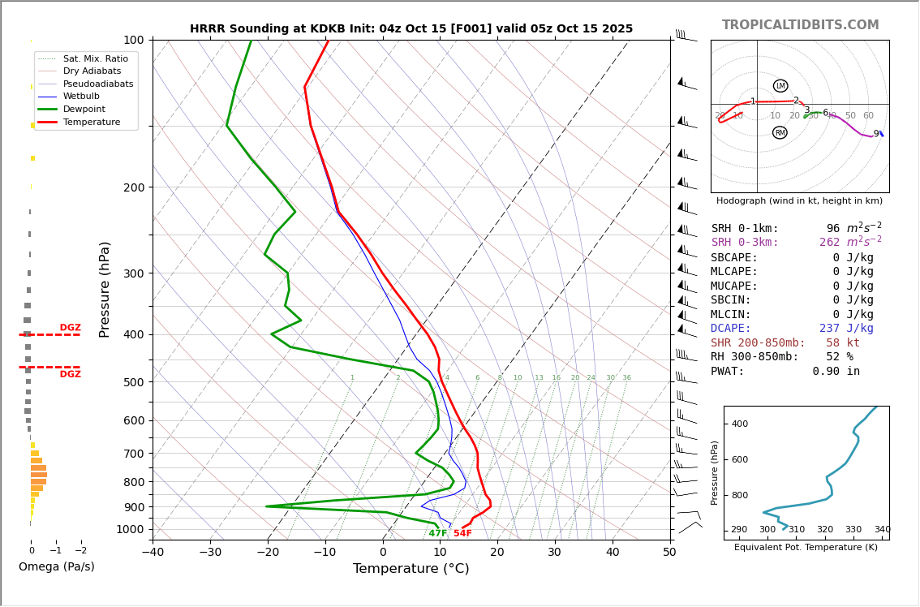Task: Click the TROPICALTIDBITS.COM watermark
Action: coord(800,25)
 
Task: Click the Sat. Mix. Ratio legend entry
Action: coord(95,59)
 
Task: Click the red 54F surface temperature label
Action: coord(462,533)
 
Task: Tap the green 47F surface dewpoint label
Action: coord(438,533)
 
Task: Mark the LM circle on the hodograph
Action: coord(780,86)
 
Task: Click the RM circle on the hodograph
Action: coord(780,132)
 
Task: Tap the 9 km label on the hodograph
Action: coord(875,134)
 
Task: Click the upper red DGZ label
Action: coord(70,328)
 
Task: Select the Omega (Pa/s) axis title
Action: coord(56,567)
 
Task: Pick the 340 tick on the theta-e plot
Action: coord(882,530)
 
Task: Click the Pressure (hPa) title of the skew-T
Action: coord(105,289)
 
